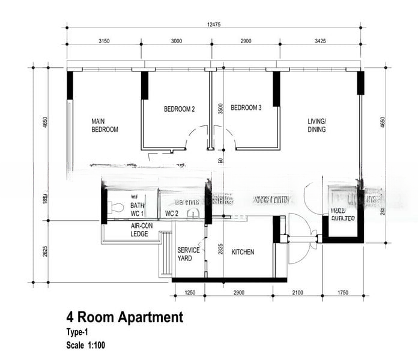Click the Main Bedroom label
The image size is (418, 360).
(x=104, y=125)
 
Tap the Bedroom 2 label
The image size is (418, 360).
(x=179, y=109)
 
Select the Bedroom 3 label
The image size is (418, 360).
(x=246, y=108)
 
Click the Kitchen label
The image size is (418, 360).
(x=243, y=252)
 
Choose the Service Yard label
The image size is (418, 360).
(x=189, y=254)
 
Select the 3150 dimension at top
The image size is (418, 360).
(x=104, y=41)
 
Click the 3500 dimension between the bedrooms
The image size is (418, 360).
(x=221, y=109)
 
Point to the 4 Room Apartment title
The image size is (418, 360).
(x=124, y=317)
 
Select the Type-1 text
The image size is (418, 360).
(x=77, y=332)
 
